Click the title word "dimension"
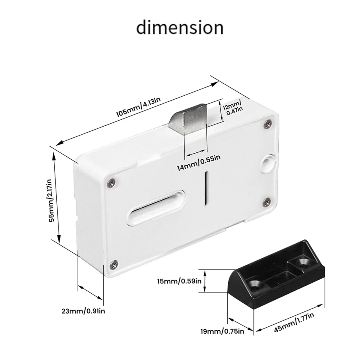(180, 28)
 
